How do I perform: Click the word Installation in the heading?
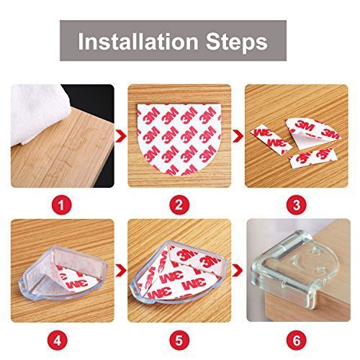(x=138, y=41)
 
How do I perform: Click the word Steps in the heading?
(x=237, y=42)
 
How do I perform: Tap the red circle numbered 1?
(x=61, y=205)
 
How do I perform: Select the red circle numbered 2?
(x=179, y=205)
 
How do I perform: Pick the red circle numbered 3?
(x=297, y=205)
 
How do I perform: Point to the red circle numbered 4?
(x=58, y=341)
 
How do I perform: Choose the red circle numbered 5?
(x=179, y=341)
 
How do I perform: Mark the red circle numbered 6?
(x=297, y=341)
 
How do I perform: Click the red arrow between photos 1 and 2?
(x=121, y=136)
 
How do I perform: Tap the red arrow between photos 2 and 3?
(x=238, y=136)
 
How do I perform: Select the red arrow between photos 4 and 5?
(x=121, y=271)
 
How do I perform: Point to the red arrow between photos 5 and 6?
(x=238, y=271)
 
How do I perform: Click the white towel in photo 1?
(x=36, y=113)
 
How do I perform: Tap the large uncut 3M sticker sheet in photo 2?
(x=179, y=139)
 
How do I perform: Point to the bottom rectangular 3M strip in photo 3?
(x=311, y=158)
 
